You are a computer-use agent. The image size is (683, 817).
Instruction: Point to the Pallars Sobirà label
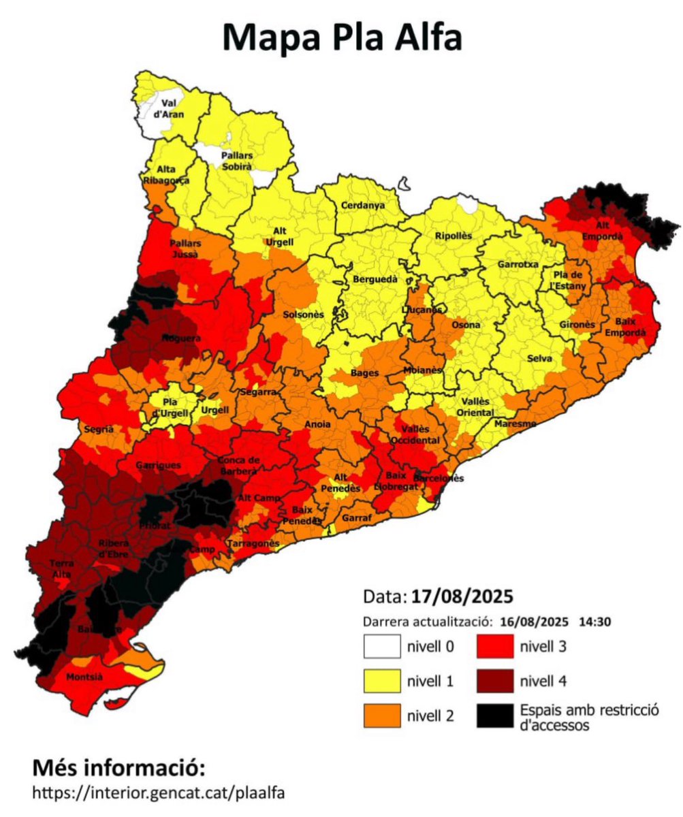pos(237,160)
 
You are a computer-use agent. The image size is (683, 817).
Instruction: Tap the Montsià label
pos(84,677)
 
